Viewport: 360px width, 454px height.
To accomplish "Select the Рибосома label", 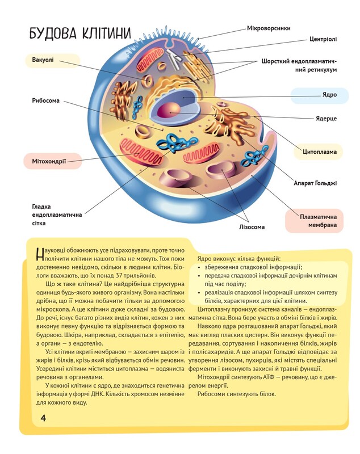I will click(45, 101).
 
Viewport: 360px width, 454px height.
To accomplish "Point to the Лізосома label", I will click(252, 228).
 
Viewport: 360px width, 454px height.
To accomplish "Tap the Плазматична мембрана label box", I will click(315, 221).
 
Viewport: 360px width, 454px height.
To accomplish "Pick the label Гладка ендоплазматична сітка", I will click(57, 215).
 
